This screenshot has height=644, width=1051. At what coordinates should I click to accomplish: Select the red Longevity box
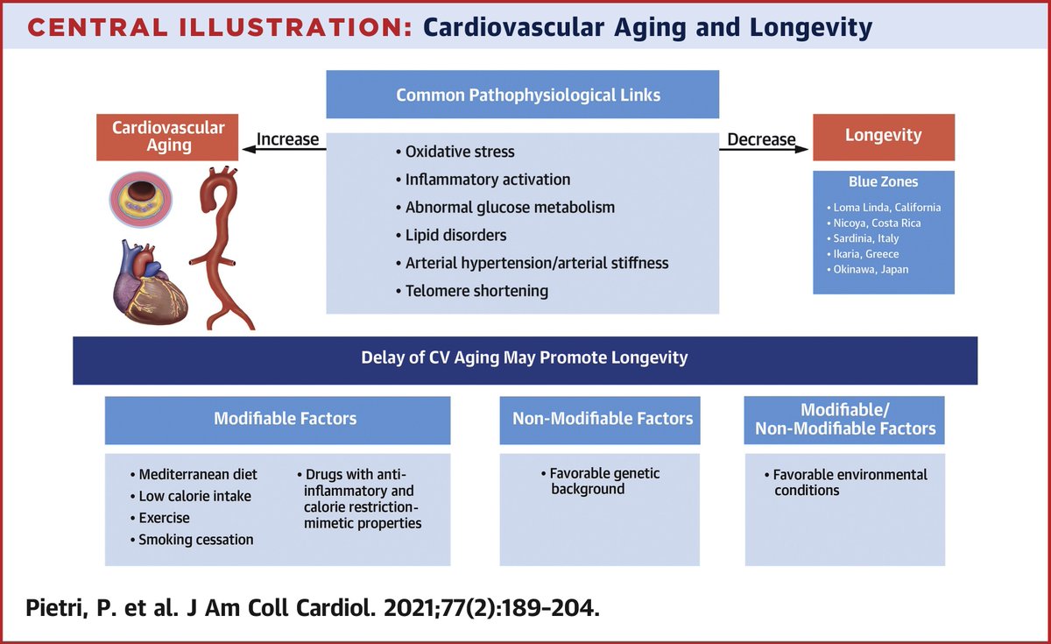click(883, 137)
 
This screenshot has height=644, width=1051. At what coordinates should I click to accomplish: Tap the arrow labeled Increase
click(285, 150)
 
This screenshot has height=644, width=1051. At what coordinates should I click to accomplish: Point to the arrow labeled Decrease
click(763, 150)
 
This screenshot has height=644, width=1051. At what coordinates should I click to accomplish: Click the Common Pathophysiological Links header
click(522, 95)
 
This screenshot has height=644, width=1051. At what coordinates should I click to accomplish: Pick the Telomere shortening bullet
click(476, 291)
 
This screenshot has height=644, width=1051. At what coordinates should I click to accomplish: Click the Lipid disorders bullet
click(455, 236)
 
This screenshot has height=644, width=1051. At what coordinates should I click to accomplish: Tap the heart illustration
click(152, 281)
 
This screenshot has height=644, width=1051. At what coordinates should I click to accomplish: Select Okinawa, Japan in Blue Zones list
click(871, 269)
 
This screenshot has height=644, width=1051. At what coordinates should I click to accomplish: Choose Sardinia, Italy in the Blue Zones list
click(866, 238)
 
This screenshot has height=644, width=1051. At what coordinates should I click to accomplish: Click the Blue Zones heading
click(883, 182)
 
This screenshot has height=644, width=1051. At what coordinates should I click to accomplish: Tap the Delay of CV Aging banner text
click(525, 357)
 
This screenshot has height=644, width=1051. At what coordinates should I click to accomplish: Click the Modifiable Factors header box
click(278, 419)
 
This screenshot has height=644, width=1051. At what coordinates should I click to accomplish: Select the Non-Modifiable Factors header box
click(603, 419)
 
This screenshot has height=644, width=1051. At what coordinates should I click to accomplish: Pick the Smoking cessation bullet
click(195, 540)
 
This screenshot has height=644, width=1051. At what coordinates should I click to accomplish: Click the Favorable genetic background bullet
click(604, 481)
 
